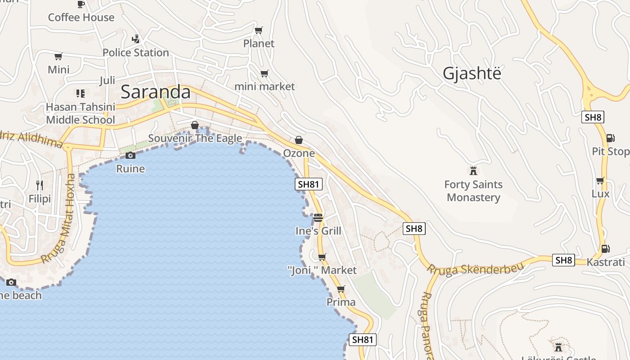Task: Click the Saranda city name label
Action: pyautogui.click(x=156, y=92)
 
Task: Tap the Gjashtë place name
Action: pyautogui.click(x=472, y=73)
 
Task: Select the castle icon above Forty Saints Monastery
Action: pyautogui.click(x=473, y=171)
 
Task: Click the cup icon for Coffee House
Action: pyautogui.click(x=81, y=4)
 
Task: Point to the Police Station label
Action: pyautogui.click(x=135, y=53)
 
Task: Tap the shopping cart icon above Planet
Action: pyautogui.click(x=258, y=31)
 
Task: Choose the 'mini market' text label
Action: pyautogui.click(x=265, y=86)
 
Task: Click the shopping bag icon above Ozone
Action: pyautogui.click(x=298, y=140)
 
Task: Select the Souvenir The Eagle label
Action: pyautogui.click(x=195, y=138)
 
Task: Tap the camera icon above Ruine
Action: pyautogui.click(x=130, y=156)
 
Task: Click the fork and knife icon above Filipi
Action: pyautogui.click(x=40, y=185)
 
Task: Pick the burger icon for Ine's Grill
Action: pyautogui.click(x=318, y=218)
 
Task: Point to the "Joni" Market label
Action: pyautogui.click(x=322, y=270)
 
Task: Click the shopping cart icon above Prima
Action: pyautogui.click(x=341, y=289)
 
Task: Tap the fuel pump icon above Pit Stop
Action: pyautogui.click(x=610, y=138)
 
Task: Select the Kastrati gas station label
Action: pyautogui.click(x=606, y=262)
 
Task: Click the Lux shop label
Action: pyautogui.click(x=600, y=194)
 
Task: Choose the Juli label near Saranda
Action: pyautogui.click(x=107, y=81)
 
